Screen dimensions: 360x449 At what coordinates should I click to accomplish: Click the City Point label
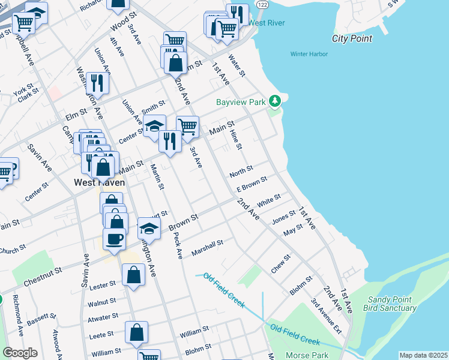[x=352, y=38]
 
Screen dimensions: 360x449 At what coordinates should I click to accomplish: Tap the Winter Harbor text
[x=308, y=54]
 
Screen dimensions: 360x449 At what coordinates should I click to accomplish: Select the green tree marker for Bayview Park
[x=275, y=101]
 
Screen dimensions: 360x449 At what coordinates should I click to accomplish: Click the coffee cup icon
[x=114, y=239]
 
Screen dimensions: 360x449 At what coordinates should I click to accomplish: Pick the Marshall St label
[x=207, y=247]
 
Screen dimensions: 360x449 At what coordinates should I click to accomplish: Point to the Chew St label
[x=280, y=264]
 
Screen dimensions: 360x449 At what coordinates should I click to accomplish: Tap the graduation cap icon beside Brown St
[x=149, y=228]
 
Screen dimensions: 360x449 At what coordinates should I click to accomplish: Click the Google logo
[x=20, y=352]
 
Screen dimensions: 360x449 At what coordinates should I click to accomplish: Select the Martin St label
[x=157, y=177]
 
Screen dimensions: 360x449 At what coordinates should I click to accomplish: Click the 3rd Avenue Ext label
[x=325, y=317]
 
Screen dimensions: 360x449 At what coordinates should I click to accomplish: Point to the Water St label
[x=237, y=66]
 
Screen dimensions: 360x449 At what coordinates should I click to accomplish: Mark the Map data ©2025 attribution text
[x=423, y=355]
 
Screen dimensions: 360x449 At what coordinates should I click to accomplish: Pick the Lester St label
[x=102, y=286]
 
